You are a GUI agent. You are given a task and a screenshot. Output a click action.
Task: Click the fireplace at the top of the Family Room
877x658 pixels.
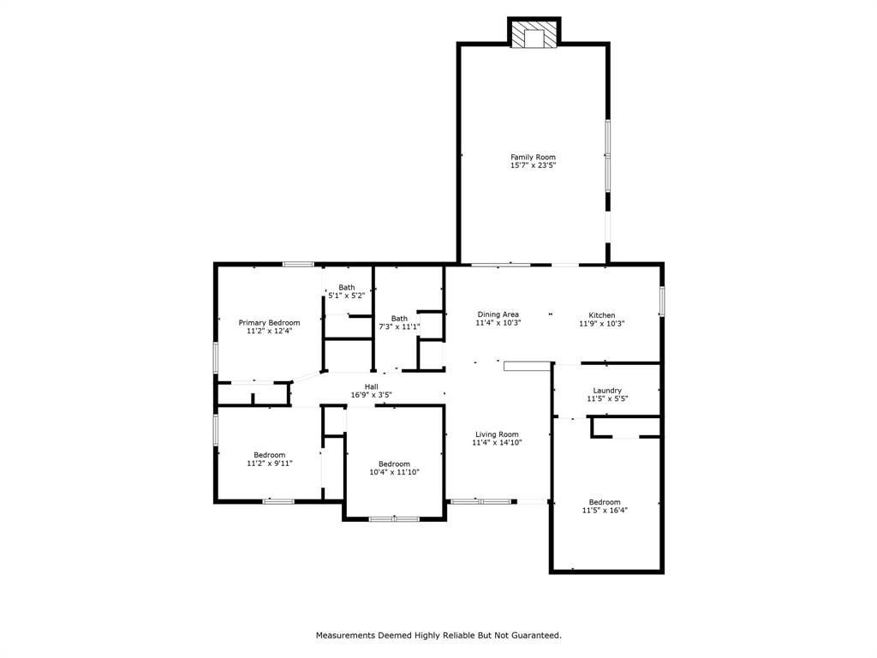534,33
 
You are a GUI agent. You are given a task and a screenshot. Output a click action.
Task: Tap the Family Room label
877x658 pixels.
533,157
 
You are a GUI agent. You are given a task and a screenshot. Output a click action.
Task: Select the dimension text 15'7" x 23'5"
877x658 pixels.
533,165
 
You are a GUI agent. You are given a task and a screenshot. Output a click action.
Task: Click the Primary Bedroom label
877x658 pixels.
269,322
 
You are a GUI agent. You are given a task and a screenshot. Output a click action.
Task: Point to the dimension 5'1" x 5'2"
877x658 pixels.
346,296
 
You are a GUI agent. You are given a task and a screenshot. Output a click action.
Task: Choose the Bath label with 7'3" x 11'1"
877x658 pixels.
399,318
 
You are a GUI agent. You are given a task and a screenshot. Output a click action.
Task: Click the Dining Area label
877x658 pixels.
498,314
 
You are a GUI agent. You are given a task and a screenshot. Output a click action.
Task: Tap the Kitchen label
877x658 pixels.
601,314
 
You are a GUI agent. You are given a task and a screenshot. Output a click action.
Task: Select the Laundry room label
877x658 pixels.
607,390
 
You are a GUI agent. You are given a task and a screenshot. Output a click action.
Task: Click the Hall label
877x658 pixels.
371,386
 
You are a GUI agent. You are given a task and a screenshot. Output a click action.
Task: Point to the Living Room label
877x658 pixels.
497,434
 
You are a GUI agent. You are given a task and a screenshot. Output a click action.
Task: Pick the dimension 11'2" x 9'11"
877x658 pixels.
269,464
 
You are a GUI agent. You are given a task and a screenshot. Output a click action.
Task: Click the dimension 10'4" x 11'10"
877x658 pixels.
394,472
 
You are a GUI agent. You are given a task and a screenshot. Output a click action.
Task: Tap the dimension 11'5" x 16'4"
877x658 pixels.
604,511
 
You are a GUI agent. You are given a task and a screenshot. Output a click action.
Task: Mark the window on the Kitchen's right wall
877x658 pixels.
661,301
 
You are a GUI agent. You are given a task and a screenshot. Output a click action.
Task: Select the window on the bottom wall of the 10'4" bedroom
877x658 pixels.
394,518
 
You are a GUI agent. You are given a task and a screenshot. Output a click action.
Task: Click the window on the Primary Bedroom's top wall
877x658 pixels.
298,264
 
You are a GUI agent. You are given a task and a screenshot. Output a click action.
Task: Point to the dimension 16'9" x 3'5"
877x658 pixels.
371,395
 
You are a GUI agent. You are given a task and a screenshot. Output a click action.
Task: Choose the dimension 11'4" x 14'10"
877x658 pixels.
497,443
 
